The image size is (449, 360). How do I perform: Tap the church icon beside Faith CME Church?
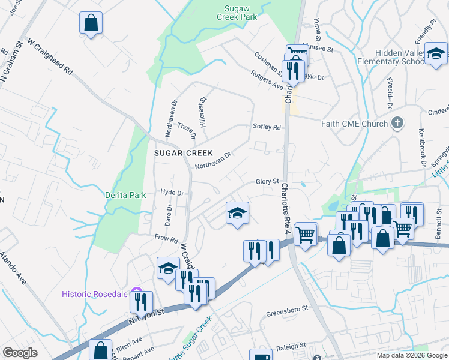point(397,124)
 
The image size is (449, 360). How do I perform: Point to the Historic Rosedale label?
point(94,293)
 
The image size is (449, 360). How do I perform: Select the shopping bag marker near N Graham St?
point(91,23)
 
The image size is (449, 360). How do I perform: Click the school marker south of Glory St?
point(238,213)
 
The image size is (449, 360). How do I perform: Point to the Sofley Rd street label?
point(267,127)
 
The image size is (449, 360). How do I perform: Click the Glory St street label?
point(268,181)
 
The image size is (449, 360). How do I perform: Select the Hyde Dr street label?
point(172,193)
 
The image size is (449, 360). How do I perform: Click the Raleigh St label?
point(291,346)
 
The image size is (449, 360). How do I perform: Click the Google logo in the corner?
point(20,353)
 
